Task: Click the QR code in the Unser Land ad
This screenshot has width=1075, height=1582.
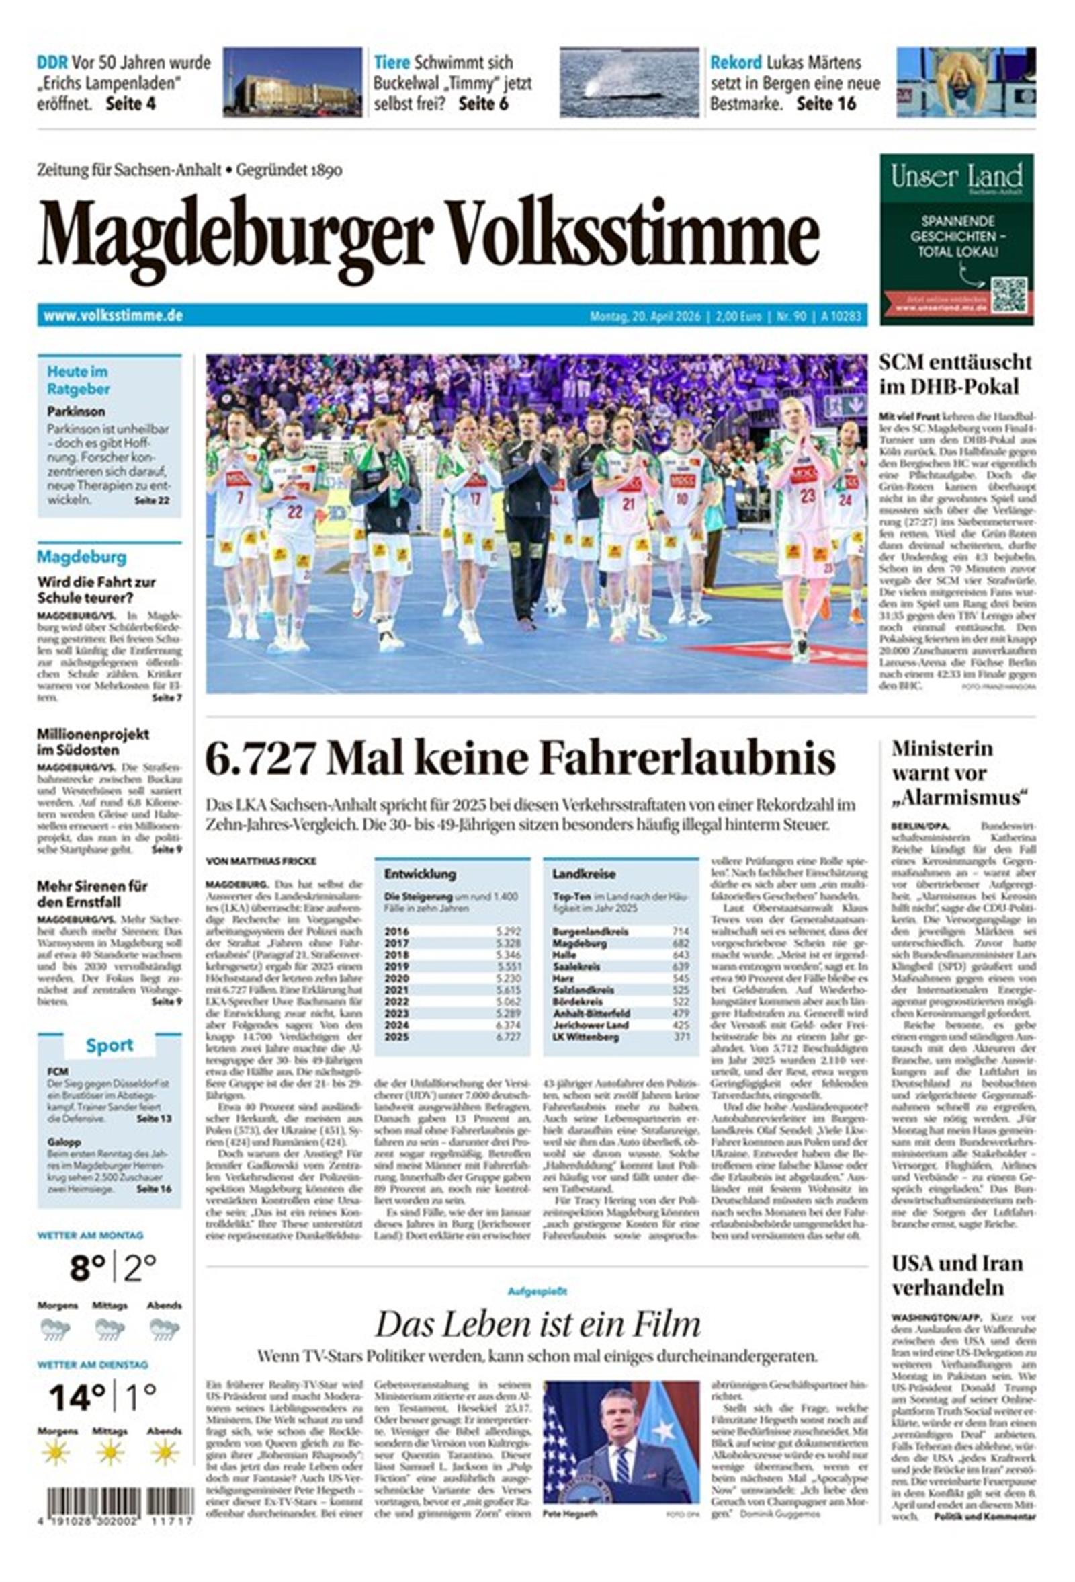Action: tap(1008, 294)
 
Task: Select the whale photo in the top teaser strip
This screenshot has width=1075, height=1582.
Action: tap(629, 83)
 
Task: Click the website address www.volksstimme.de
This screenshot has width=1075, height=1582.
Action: tap(113, 316)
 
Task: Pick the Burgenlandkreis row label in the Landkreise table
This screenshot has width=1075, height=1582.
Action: tap(590, 931)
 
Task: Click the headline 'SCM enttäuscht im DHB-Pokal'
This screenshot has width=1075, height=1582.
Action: tap(955, 374)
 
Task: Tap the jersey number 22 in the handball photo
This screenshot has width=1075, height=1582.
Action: tap(294, 512)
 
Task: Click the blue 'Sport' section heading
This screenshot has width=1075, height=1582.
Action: tap(109, 1045)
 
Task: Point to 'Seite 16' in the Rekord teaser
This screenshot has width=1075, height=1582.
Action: tap(826, 104)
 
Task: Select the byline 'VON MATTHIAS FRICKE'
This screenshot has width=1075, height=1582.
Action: tap(261, 861)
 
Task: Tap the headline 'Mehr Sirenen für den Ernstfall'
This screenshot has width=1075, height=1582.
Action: tap(92, 894)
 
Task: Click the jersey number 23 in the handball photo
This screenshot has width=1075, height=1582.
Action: tap(807, 496)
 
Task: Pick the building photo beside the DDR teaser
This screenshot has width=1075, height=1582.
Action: tap(292, 83)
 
